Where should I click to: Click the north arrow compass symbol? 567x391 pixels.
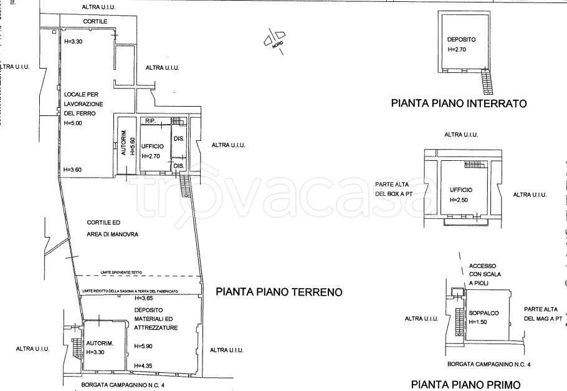274,39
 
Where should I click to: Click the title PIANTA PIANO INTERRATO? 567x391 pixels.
459,104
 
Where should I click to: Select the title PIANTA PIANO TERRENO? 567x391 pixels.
279,291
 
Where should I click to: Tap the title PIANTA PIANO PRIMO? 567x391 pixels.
465,384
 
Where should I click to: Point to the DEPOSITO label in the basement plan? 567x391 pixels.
461,39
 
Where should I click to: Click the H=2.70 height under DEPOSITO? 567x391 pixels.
457,50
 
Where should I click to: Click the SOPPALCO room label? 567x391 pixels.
482,313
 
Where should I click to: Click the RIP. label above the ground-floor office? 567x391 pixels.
150,120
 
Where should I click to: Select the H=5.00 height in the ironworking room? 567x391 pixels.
74,123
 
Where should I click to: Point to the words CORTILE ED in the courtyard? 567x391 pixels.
103,222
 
